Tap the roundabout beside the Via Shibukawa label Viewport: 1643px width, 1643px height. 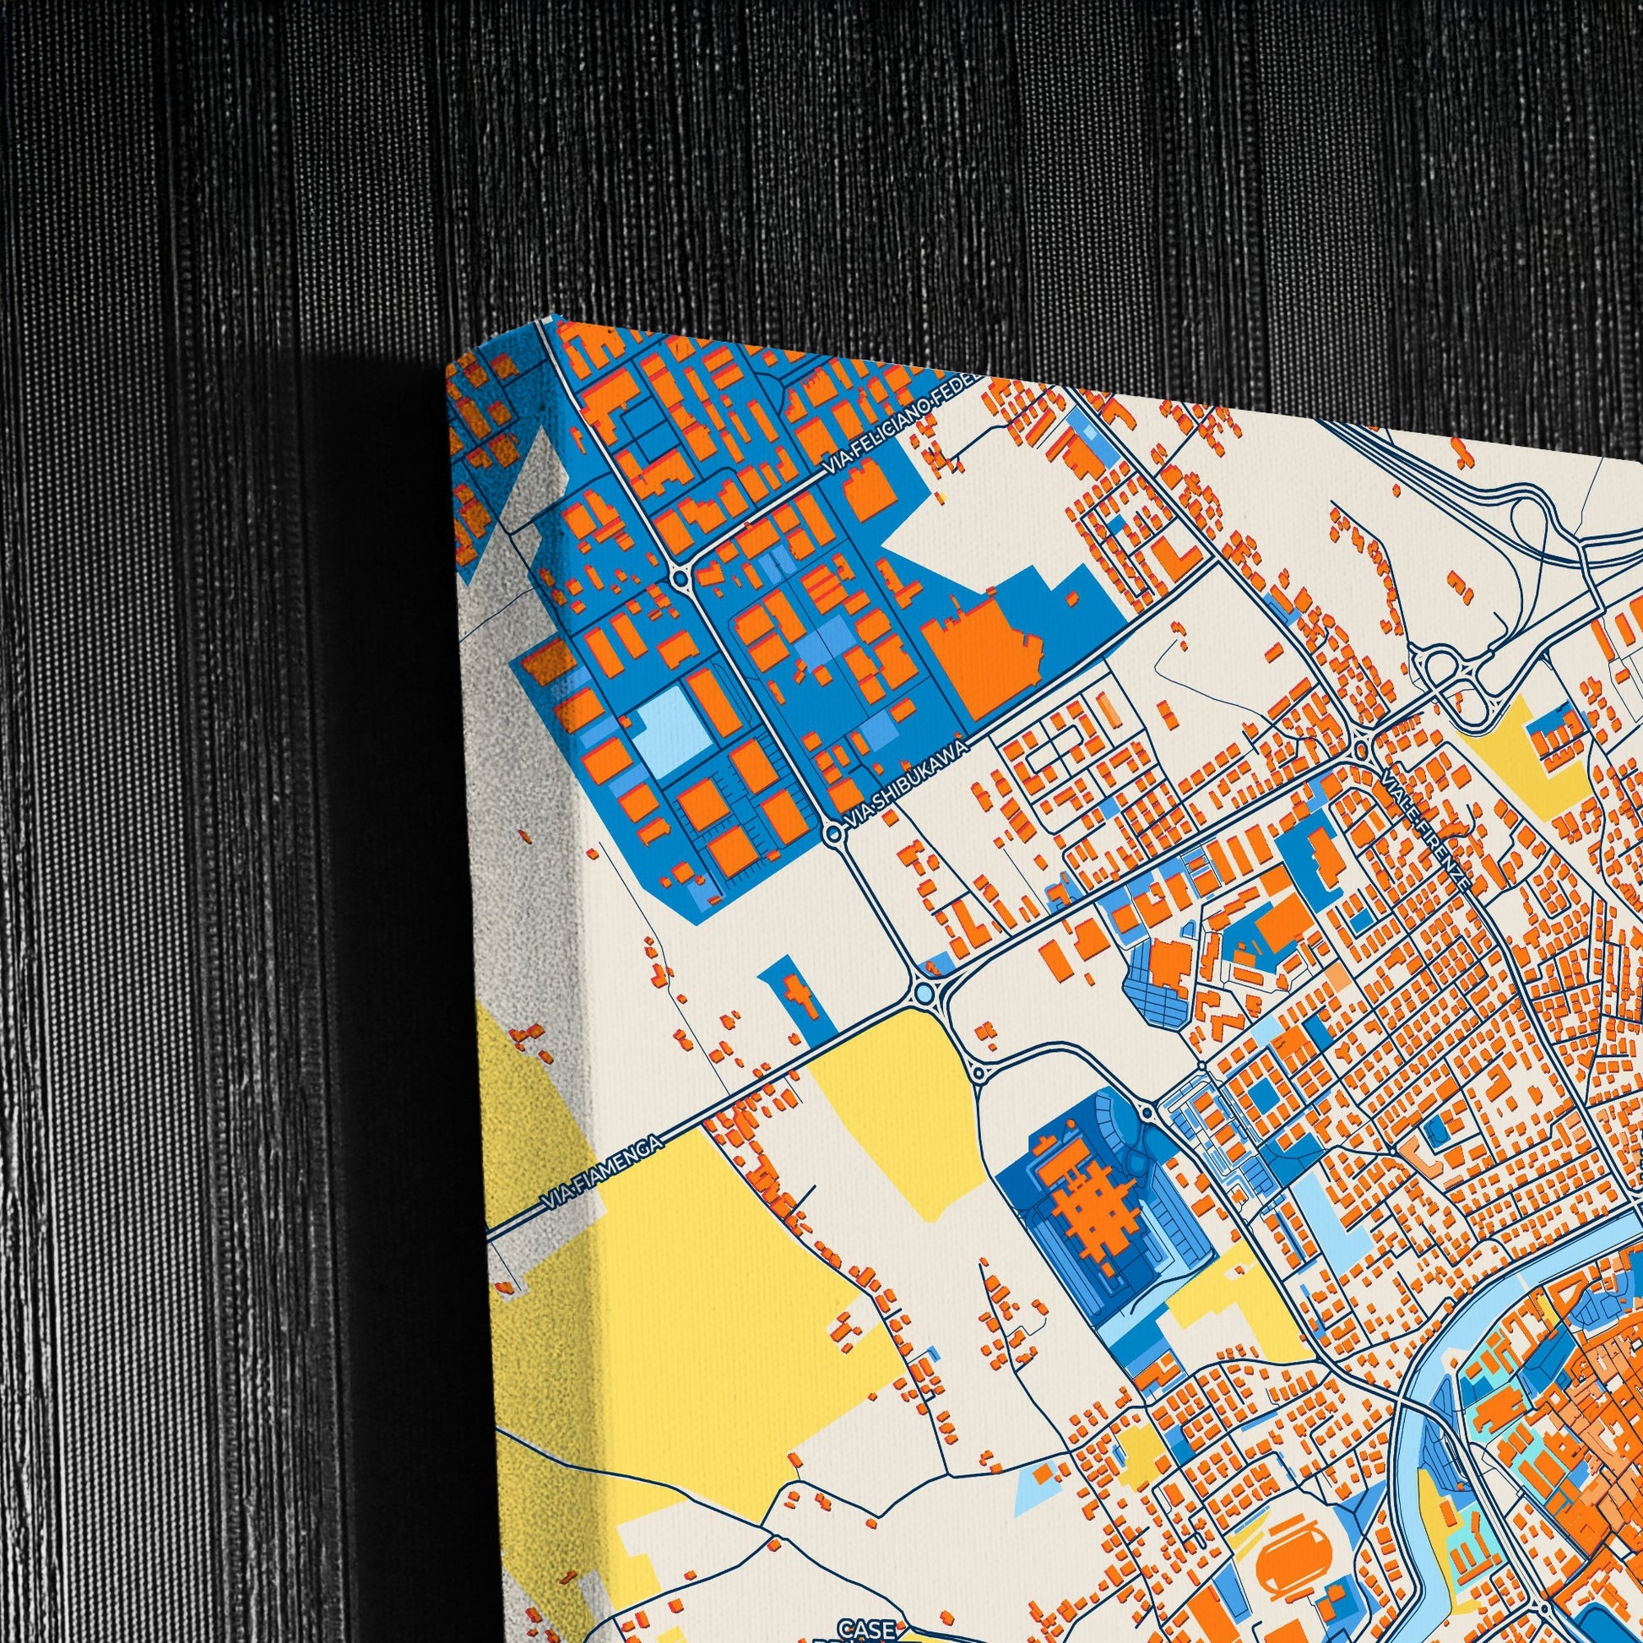(832, 837)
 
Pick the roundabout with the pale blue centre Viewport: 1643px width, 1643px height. (925, 991)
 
